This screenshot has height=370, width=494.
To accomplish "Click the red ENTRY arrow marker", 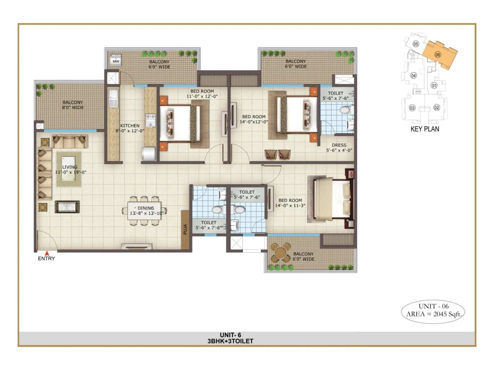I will pyautogui.click(x=47, y=253).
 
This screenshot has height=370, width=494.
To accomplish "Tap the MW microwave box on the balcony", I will pyautogui.click(x=116, y=60).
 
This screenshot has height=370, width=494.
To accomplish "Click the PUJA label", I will pyautogui.click(x=185, y=229).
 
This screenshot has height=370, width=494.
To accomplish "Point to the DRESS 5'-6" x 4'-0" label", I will pyautogui.click(x=339, y=148).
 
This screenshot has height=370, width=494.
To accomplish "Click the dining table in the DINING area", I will pyautogui.click(x=144, y=211).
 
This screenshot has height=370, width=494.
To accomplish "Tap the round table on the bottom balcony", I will pyautogui.click(x=280, y=253).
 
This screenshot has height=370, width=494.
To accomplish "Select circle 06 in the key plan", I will pyautogui.click(x=437, y=55).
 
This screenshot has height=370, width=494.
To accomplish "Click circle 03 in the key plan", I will pyautogui.click(x=412, y=108).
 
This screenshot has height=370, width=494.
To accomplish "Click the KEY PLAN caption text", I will pyautogui.click(x=425, y=129).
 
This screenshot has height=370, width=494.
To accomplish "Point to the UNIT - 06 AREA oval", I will pyautogui.click(x=433, y=310).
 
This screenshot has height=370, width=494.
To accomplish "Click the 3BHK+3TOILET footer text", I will pyautogui.click(x=230, y=341).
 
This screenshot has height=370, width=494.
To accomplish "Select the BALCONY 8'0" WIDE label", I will pyautogui.click(x=73, y=105).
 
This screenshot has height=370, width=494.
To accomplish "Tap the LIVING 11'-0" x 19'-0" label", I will pyautogui.click(x=70, y=170).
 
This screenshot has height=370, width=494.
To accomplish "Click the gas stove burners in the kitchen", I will pyautogui.click(x=151, y=121).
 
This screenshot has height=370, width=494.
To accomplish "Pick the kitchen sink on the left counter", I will pyautogui.click(x=113, y=94).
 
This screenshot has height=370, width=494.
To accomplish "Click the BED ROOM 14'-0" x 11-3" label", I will pyautogui.click(x=290, y=203).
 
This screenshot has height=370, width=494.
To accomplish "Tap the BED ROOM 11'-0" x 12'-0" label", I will pyautogui.click(x=202, y=94).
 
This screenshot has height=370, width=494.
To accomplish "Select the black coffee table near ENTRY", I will pyautogui.click(x=67, y=207).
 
